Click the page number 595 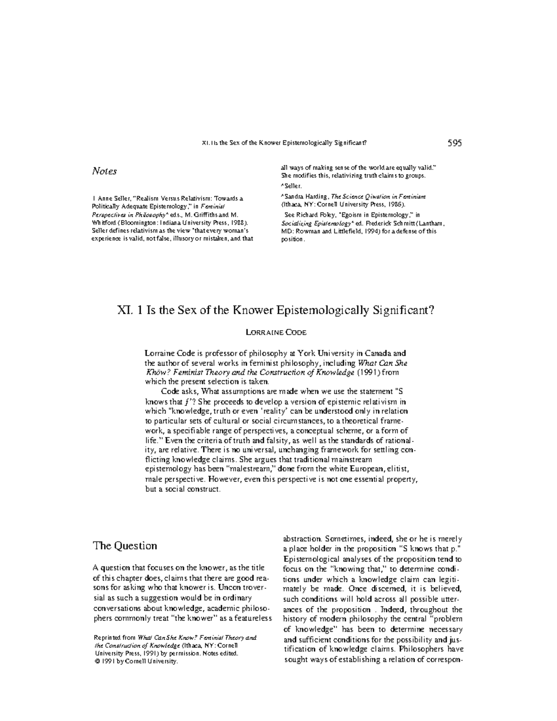[x=454, y=143]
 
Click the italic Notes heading [x=104, y=171]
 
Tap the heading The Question [x=125, y=546]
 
